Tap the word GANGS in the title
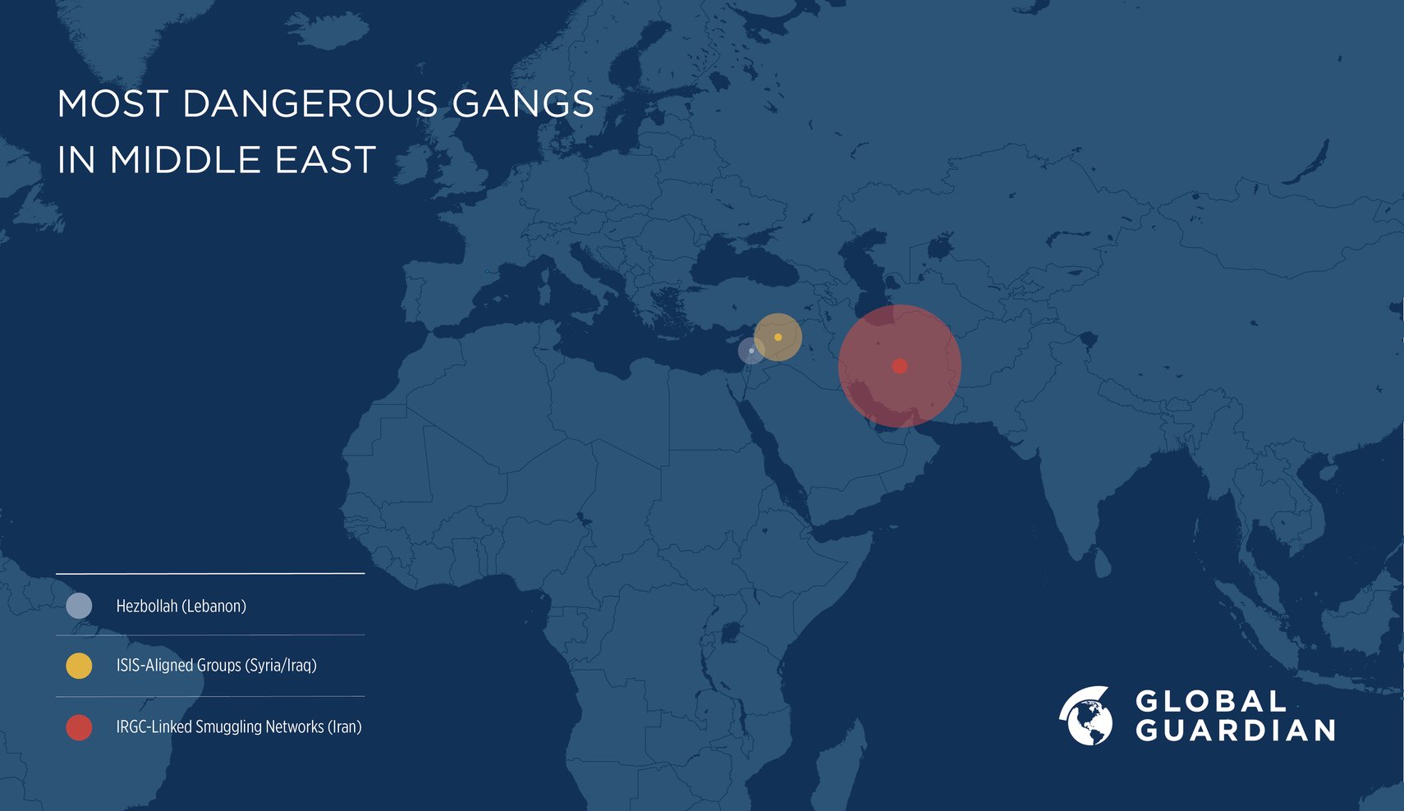(522, 104)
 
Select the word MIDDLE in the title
(186, 159)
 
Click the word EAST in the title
(325, 159)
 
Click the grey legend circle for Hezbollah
(79, 606)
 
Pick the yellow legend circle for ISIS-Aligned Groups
(79, 666)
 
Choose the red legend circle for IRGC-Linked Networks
(79, 727)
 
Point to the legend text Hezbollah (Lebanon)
(181, 606)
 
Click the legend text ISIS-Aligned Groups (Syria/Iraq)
(216, 665)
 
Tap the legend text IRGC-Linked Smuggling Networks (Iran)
(238, 726)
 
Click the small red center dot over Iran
(899, 366)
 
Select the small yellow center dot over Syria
(778, 337)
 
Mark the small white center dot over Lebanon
(751, 351)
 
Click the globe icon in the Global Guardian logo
(1086, 717)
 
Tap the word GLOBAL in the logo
(1211, 701)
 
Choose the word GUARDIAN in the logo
(1235, 731)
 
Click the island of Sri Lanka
(1103, 563)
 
